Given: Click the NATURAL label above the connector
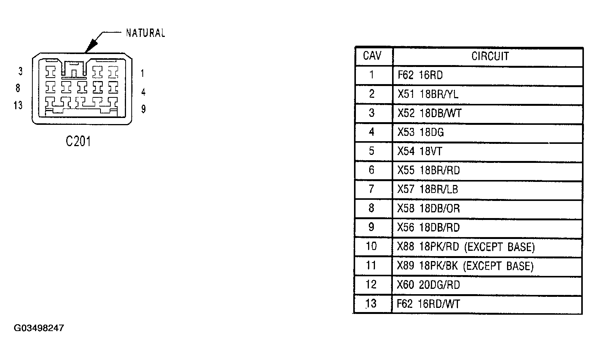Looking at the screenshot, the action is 145,33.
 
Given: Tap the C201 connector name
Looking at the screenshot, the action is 78,141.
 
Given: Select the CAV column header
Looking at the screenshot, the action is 372,56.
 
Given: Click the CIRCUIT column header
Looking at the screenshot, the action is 490,56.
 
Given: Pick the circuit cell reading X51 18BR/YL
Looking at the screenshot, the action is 428,94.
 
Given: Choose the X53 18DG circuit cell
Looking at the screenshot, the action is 421,132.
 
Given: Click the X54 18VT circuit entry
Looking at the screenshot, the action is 420,151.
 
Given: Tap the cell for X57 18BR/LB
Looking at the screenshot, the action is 428,189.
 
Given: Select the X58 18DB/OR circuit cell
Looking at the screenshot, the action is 429,209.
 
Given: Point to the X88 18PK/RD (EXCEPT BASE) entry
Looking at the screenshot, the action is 466,247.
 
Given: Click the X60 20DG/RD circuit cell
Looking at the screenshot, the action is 429,285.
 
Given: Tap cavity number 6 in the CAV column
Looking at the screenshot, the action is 372,170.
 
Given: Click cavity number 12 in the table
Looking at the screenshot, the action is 371,285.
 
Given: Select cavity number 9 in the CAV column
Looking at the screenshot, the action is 372,227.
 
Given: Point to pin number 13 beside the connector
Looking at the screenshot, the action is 18,105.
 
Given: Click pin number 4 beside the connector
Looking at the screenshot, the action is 144,92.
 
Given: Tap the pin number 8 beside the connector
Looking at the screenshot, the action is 18,88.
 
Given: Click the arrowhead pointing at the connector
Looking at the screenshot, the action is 91,46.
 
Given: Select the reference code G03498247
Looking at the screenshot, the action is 39,328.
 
